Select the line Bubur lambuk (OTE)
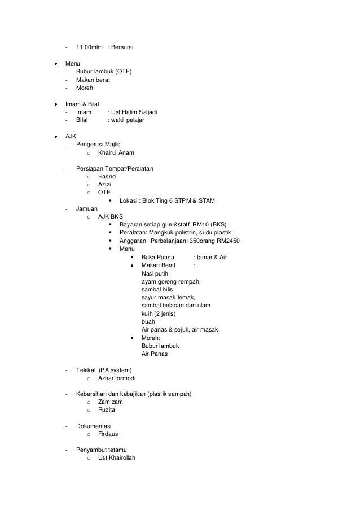(x=104, y=72)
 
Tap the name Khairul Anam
(x=116, y=153)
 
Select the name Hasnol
(x=107, y=177)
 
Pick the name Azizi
(x=106, y=185)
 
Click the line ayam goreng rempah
(x=172, y=281)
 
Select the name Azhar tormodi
(x=117, y=378)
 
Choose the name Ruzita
(x=107, y=410)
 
